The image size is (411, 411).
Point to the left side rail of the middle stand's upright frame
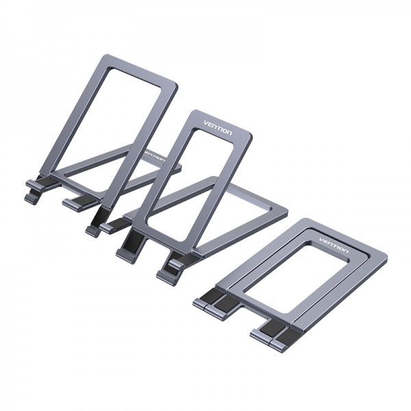point(153,178)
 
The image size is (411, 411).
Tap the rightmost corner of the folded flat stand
point(385,258)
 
